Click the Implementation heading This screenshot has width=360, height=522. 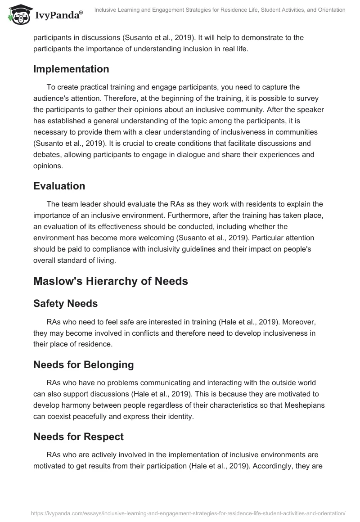click(x=71, y=69)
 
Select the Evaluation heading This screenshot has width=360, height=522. click(x=59, y=186)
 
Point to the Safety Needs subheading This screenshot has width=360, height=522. click(x=65, y=303)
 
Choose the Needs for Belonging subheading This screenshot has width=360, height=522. click(x=83, y=364)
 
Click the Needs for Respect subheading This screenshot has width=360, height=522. click(x=78, y=436)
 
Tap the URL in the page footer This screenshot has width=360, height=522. click(x=188, y=513)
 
